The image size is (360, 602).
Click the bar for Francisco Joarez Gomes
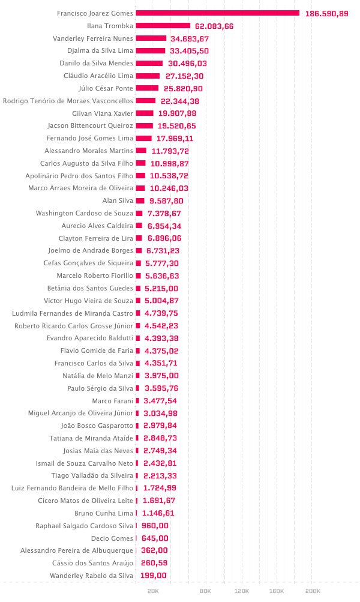click(x=218, y=13)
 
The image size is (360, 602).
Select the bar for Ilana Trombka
click(x=163, y=26)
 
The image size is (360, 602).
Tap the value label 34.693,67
click(x=190, y=39)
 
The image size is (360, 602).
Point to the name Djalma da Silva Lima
click(x=100, y=50)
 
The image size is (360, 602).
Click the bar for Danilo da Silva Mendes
click(x=149, y=64)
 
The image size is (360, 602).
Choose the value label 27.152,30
click(x=185, y=76)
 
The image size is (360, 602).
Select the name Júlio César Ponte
click(x=106, y=88)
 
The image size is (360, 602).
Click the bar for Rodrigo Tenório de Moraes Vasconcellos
click(x=145, y=101)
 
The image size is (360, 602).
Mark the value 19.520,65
click(x=177, y=126)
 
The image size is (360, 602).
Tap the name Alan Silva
click(x=118, y=201)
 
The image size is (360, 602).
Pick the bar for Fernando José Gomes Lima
click(x=143, y=138)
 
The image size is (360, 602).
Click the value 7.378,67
click(x=164, y=214)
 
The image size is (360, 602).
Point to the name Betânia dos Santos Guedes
click(x=90, y=288)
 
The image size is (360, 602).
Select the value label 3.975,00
click(x=161, y=376)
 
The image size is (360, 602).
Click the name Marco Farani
click(x=112, y=401)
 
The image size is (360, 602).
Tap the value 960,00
click(x=155, y=526)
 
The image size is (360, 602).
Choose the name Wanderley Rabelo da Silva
click(x=91, y=576)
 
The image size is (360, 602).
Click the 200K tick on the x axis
click(x=313, y=591)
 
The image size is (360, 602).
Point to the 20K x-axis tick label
click(x=153, y=591)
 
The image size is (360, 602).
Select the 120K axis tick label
click(x=242, y=591)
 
